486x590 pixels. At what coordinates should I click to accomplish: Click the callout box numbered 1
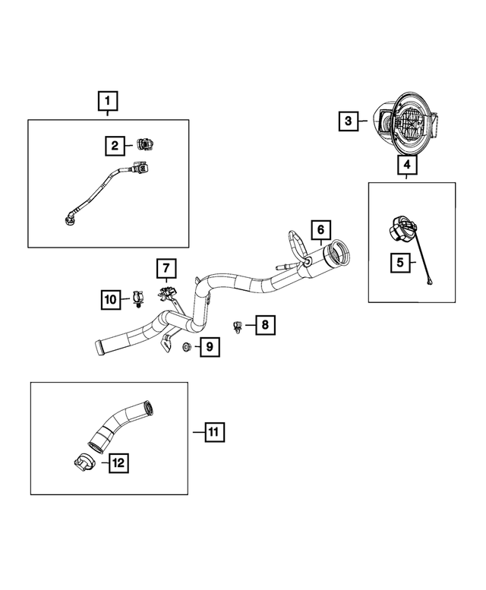click(x=107, y=100)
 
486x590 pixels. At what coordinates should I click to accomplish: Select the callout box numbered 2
click(x=115, y=144)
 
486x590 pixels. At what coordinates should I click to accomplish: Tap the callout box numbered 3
click(x=349, y=121)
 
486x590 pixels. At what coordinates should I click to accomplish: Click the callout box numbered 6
click(x=321, y=229)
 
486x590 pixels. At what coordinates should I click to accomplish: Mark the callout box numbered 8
click(x=264, y=326)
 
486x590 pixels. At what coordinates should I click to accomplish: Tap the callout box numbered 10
click(x=112, y=300)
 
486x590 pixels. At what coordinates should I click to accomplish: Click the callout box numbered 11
click(x=214, y=432)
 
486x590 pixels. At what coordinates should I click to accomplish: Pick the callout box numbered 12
click(x=118, y=461)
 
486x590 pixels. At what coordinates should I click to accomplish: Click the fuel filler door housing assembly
click(x=406, y=121)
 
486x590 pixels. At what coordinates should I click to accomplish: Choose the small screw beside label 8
click(x=238, y=327)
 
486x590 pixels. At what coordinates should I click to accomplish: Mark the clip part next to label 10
click(x=137, y=299)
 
